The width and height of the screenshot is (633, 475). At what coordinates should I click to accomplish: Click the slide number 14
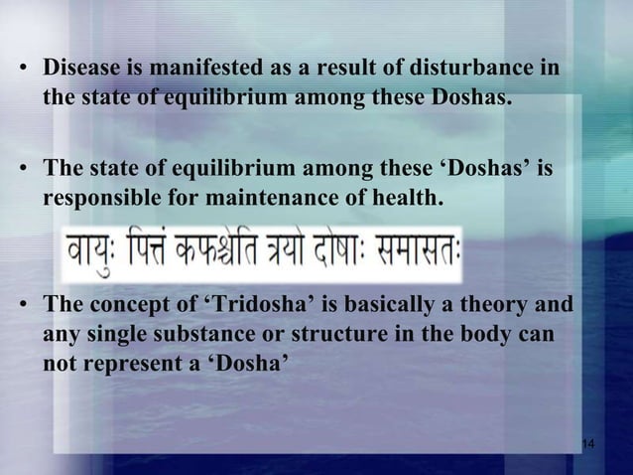pyautogui.click(x=584, y=441)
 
